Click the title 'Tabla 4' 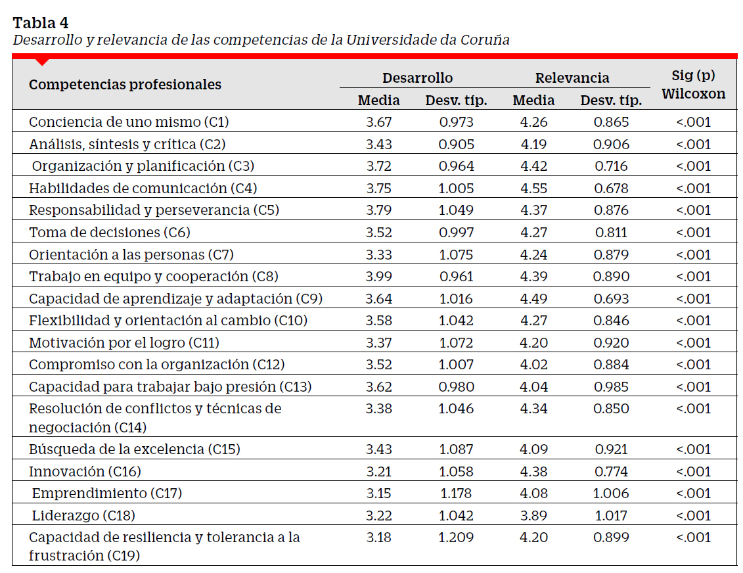point(40,22)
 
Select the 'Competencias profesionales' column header point(125,84)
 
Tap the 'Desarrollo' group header point(417,78)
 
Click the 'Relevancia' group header point(572,78)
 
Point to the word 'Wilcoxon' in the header point(693,94)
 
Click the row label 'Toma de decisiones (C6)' point(110,232)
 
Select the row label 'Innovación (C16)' point(85,472)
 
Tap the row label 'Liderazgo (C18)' point(83,516)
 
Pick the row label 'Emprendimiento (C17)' point(107,493)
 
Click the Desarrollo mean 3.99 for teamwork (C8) point(378,276)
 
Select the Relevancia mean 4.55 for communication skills point(533,188)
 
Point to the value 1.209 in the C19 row point(457,538)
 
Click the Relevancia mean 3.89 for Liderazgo point(533,516)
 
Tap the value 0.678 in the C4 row point(611,188)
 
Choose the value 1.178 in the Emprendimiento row point(457,493)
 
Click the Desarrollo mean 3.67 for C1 point(378,122)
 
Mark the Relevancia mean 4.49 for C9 point(533,298)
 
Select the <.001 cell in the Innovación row point(693,472)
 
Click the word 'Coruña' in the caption point(485,40)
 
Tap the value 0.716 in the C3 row point(611,166)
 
